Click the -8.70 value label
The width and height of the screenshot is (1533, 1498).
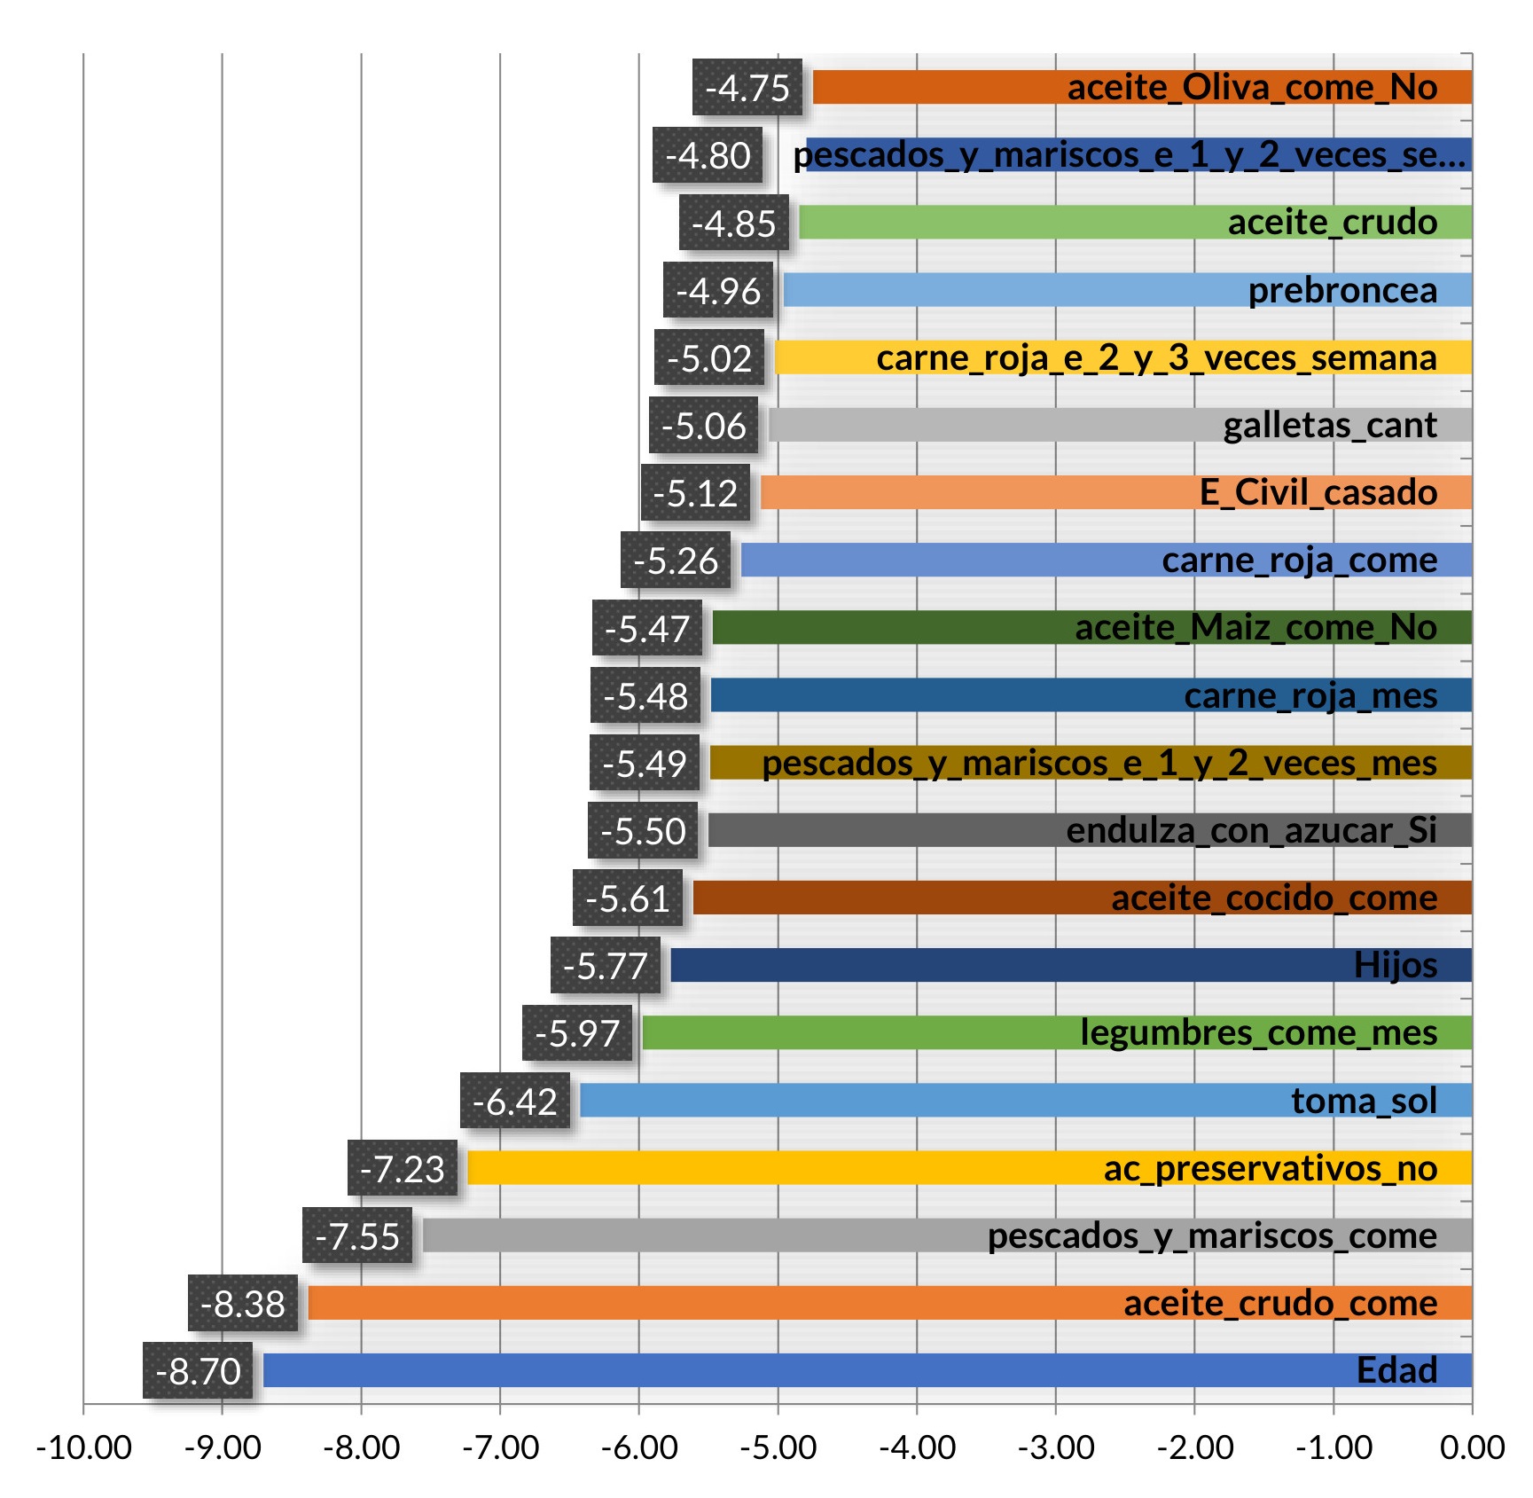[x=198, y=1371]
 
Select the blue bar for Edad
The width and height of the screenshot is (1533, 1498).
[x=798, y=1371]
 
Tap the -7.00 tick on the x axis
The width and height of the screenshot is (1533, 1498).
[x=500, y=1447]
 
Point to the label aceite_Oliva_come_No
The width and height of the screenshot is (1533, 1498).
[x=1252, y=88]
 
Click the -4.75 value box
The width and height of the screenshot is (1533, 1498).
[x=747, y=88]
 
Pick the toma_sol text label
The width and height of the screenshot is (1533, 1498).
[x=1364, y=1101]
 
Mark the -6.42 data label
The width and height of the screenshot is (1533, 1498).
[x=514, y=1102]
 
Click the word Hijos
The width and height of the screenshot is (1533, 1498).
[x=1395, y=965]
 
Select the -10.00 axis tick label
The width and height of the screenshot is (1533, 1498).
[x=83, y=1447]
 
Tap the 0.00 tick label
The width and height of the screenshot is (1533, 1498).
[x=1472, y=1447]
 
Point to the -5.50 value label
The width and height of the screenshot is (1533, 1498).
[x=643, y=831]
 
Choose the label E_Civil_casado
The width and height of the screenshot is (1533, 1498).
[x=1318, y=493]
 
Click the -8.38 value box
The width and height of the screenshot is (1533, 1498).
[x=243, y=1304]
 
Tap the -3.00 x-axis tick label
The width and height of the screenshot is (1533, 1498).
[x=1055, y=1447]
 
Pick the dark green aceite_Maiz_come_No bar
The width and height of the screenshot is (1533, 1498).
[x=887, y=628]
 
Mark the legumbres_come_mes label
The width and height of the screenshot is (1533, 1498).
[x=1258, y=1033]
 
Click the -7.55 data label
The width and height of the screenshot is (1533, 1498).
[x=357, y=1236]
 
